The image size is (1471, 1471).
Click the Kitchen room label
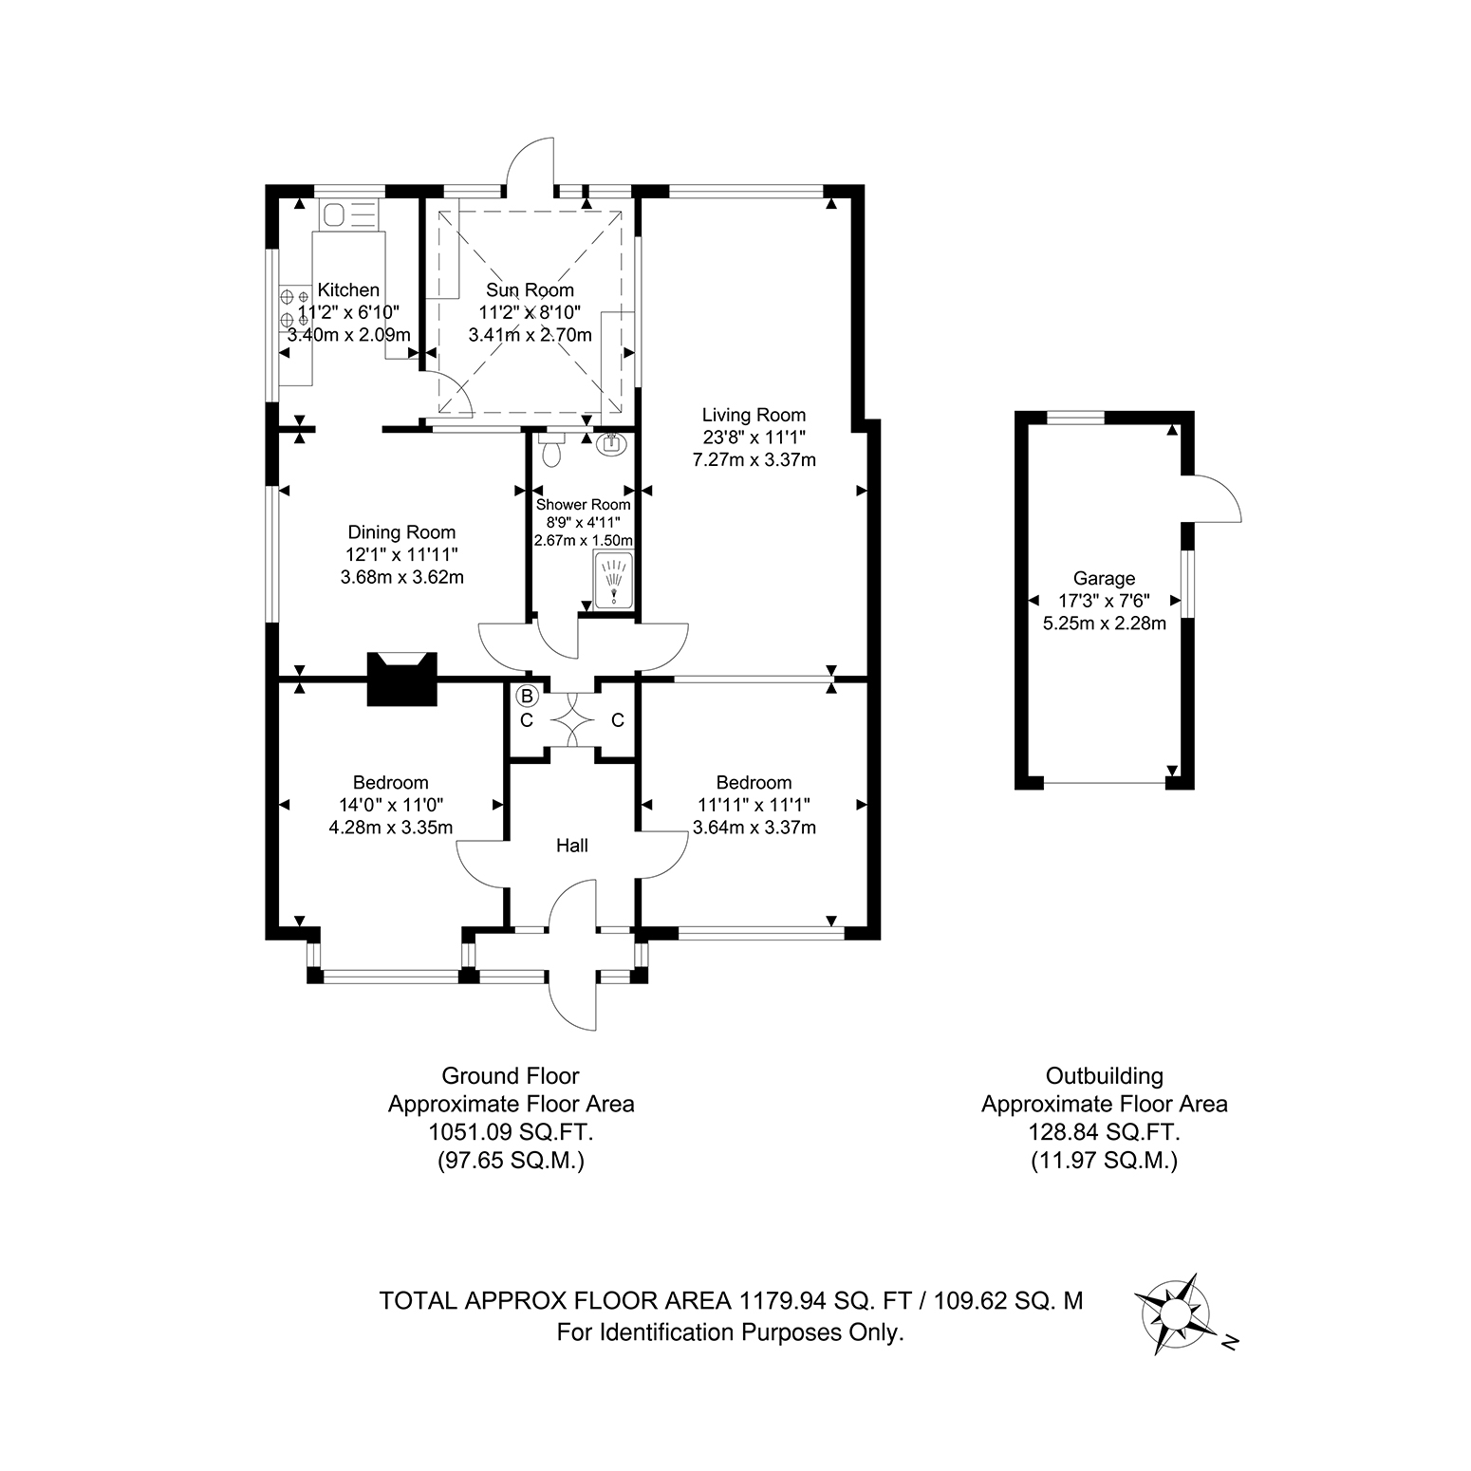(x=348, y=289)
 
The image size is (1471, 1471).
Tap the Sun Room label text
(x=531, y=289)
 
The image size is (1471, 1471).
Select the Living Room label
(x=754, y=415)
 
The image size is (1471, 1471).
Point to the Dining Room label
(x=401, y=532)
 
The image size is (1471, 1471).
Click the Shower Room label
(x=583, y=505)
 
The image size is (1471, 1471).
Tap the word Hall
(x=572, y=845)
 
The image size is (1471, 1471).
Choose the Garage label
(x=1104, y=578)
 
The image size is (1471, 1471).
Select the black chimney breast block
(x=402, y=678)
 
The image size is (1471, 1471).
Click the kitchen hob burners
(x=293, y=307)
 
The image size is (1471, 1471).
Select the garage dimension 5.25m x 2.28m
(x=1104, y=624)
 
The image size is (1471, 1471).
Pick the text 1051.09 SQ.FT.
(x=511, y=1132)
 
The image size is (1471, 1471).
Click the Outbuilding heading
(x=1104, y=1076)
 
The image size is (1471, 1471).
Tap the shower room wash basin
(x=612, y=442)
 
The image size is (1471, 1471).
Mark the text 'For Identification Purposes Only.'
(x=730, y=1332)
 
